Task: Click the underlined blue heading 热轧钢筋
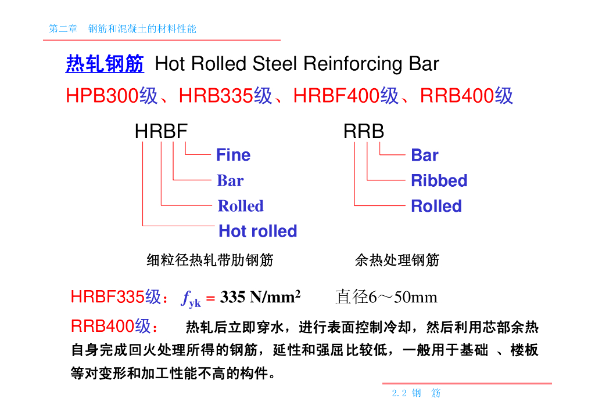(x=105, y=64)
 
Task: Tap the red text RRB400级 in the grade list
(x=467, y=96)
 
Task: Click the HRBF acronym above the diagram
(x=161, y=132)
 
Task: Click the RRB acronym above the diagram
(x=364, y=132)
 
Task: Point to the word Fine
(x=233, y=155)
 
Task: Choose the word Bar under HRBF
(x=230, y=181)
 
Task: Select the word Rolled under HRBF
(x=241, y=206)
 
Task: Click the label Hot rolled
(x=257, y=231)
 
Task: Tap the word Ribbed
(x=439, y=180)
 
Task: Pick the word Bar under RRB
(x=424, y=155)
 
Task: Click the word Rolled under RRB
(x=436, y=206)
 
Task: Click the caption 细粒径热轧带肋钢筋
(x=210, y=260)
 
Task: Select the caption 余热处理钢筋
(x=397, y=260)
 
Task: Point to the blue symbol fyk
(x=191, y=299)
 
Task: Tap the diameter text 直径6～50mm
(x=386, y=298)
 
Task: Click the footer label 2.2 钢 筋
(x=416, y=393)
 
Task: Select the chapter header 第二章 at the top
(x=63, y=28)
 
